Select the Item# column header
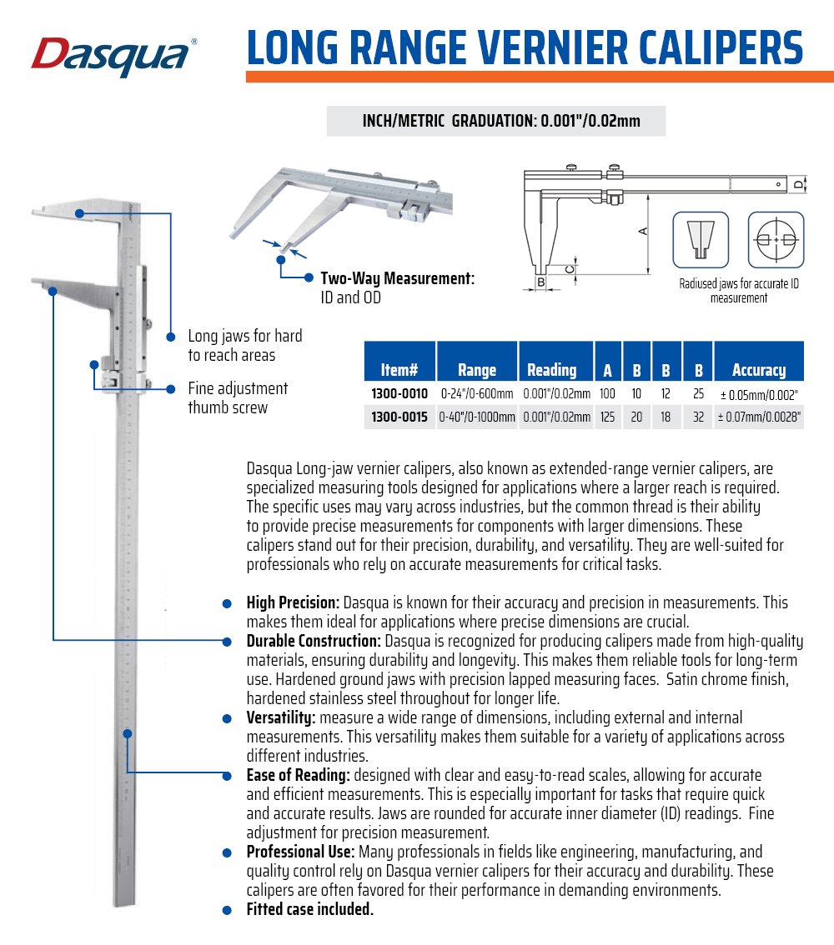399,369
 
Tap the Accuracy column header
758,369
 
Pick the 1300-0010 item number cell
399,393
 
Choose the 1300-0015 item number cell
399,416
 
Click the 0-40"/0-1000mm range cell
477,416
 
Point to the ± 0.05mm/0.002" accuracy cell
758,393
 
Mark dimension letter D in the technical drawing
798,183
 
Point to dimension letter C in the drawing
569,268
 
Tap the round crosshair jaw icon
776,239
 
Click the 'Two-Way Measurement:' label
398,279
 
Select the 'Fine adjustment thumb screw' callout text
238,397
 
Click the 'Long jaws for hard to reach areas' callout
244,345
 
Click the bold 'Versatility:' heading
280,717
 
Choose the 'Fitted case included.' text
309,909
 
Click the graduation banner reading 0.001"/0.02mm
495,121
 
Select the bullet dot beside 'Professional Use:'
226,852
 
